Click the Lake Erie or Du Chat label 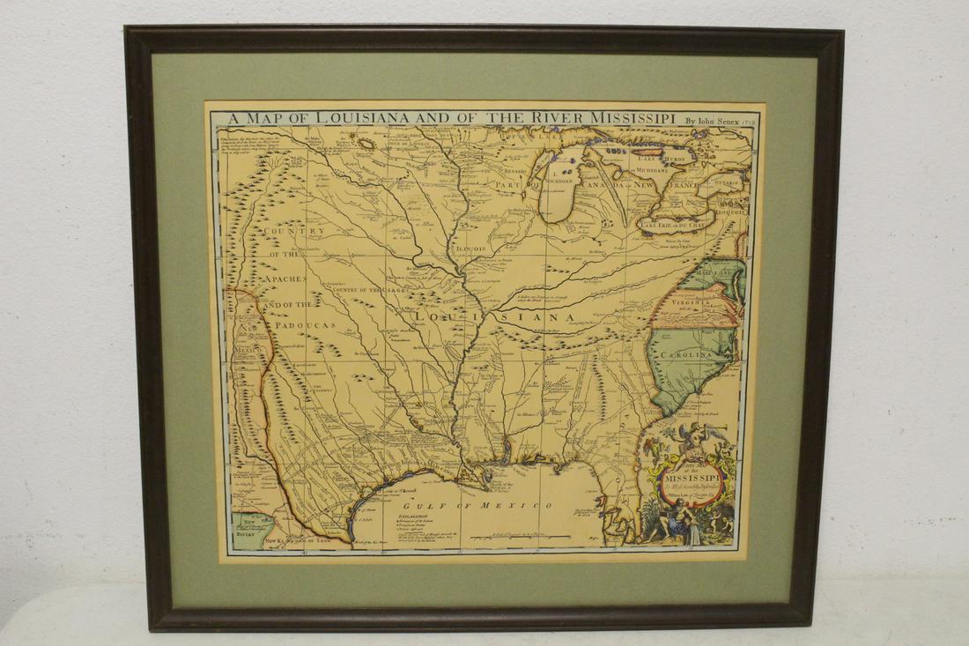(675, 225)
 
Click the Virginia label (691, 302)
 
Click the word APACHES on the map (280, 279)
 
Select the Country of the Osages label (368, 290)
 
